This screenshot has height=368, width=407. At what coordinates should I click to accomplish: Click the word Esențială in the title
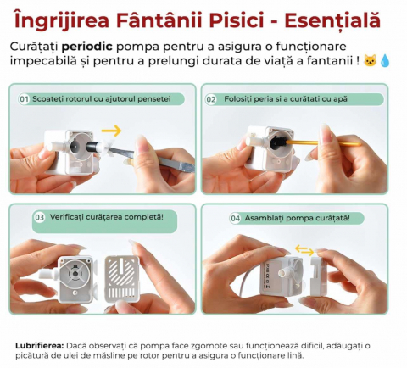[332, 20]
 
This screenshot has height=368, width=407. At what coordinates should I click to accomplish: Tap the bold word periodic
[86, 47]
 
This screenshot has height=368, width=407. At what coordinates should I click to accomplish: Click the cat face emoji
[369, 61]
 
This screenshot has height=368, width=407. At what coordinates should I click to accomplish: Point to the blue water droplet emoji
[385, 61]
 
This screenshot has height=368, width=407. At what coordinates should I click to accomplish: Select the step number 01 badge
[24, 99]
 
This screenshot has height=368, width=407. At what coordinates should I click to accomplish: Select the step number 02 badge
[211, 99]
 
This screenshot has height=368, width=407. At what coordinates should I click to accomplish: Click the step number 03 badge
[39, 217]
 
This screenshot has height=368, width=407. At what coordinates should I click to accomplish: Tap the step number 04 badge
[235, 219]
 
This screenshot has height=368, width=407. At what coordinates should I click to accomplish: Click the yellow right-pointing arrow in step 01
[111, 131]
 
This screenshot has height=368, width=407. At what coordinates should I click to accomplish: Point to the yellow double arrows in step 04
[304, 250]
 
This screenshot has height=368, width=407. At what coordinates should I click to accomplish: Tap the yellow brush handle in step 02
[325, 142]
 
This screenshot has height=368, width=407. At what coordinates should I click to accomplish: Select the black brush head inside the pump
[277, 142]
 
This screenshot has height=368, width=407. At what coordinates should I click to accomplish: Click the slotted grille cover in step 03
[122, 279]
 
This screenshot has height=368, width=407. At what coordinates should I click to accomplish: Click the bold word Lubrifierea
[40, 346]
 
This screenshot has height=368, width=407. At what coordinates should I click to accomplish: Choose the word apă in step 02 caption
[340, 99]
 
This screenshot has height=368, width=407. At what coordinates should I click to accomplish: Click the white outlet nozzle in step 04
[284, 273]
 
